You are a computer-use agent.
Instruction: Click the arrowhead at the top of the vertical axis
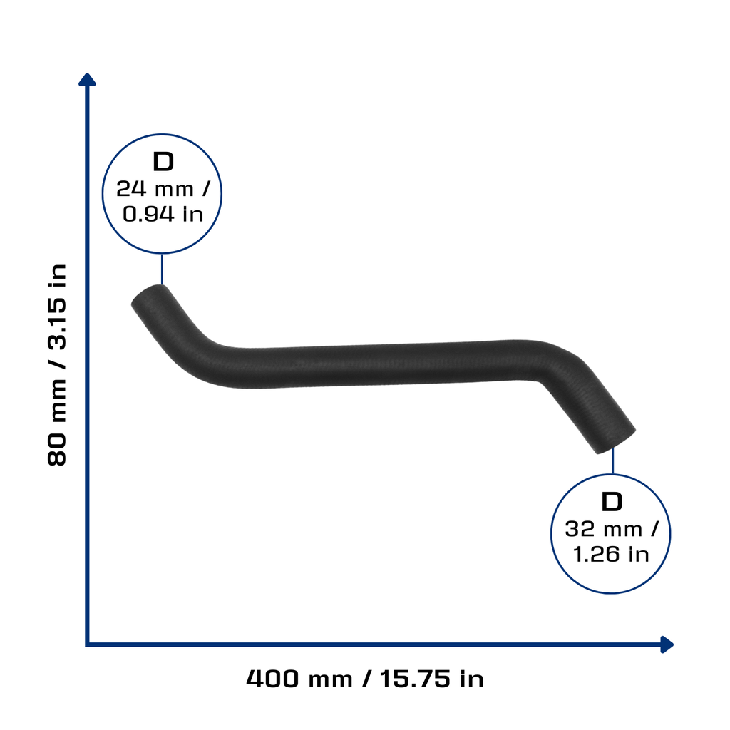pos(87,80)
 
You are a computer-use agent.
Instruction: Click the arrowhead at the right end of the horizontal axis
pos(667,644)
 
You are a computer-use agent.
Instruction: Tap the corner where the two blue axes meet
pos(87,644)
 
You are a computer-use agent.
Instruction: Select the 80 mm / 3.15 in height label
pos(57,365)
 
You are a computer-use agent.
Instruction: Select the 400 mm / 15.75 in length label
pos(365,679)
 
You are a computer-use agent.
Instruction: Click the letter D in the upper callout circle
pos(163,162)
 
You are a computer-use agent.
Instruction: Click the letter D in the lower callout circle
pos(612,502)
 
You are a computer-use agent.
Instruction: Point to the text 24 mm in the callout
pos(155,189)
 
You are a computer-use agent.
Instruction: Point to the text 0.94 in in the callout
pos(163,214)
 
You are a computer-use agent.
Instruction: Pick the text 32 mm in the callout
pos(603,530)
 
